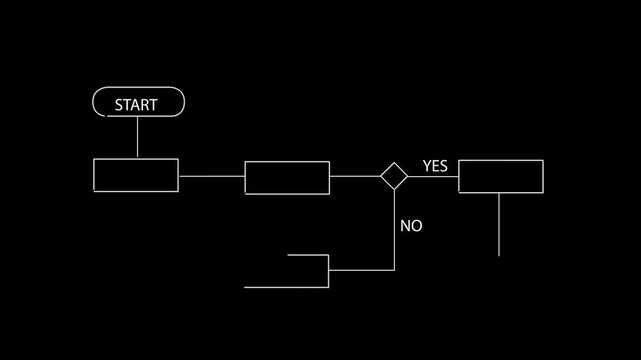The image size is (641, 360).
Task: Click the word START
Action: point(137,104)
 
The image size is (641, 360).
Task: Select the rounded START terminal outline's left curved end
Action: point(94,103)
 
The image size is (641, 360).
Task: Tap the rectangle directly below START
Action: point(136,175)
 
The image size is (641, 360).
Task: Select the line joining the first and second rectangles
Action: point(211,176)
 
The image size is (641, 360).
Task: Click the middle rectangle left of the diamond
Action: point(287,177)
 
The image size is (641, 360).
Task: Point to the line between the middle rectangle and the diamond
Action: point(354,176)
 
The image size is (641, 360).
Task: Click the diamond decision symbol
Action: point(394,176)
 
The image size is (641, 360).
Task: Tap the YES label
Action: point(435,166)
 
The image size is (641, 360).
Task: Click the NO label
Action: point(411,226)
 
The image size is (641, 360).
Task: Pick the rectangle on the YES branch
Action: point(500,176)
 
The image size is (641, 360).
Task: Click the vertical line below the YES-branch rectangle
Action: point(499,224)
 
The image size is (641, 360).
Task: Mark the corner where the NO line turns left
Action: point(394,270)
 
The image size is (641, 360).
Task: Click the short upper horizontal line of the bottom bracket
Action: point(308,255)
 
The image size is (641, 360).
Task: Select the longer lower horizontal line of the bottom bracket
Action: point(287,287)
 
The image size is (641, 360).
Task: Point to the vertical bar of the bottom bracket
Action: point(329,271)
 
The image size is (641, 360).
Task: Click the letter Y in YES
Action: point(427,166)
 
